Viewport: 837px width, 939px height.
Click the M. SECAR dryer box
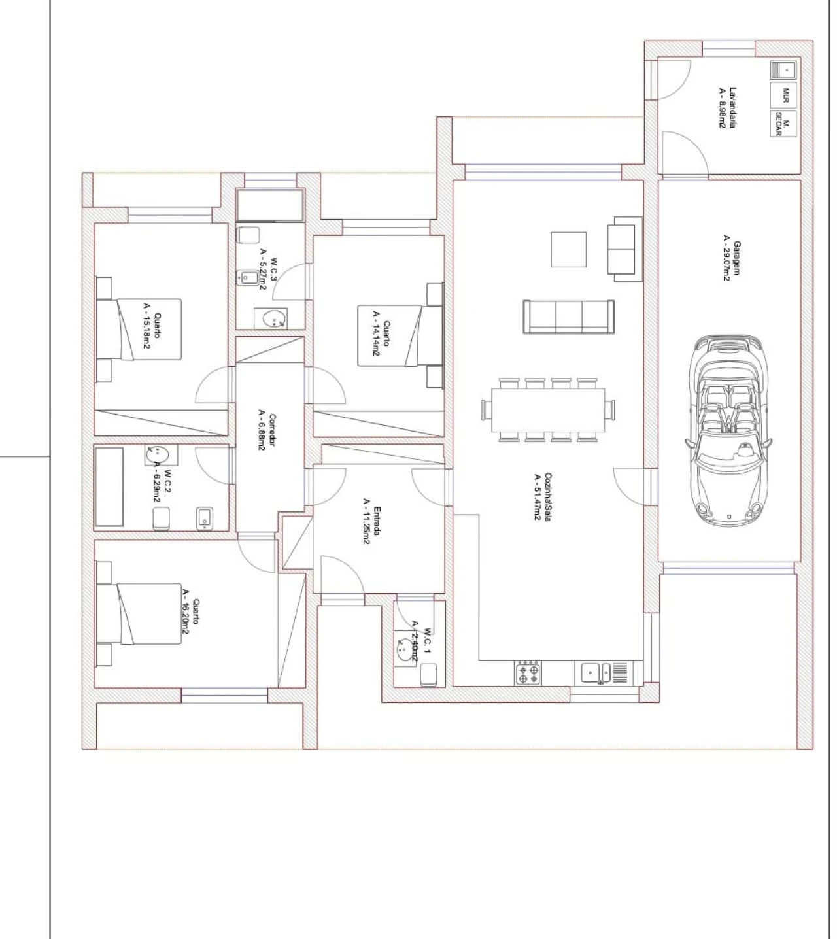tap(783, 124)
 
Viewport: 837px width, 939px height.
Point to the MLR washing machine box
tap(783, 95)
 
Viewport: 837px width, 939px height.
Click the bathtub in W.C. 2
tap(109, 487)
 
